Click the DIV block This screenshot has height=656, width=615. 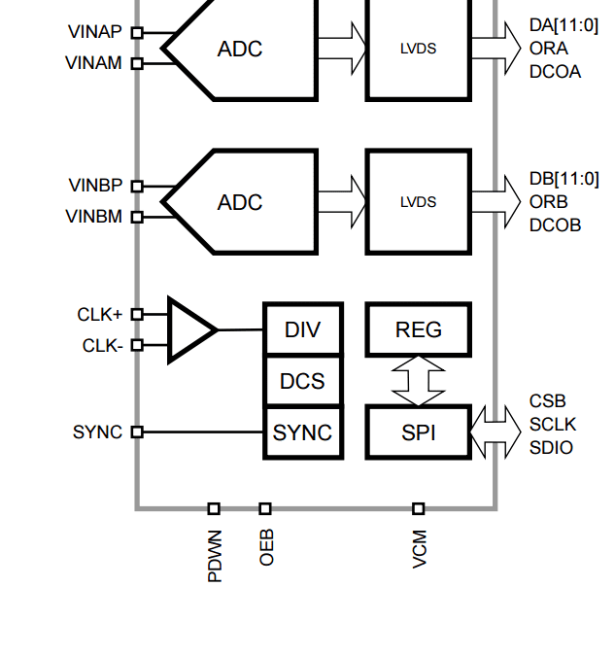303,329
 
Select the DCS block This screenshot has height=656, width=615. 303,381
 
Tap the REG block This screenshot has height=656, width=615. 419,329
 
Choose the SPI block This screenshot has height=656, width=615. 419,432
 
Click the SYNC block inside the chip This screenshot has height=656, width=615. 303,432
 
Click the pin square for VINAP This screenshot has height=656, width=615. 137,33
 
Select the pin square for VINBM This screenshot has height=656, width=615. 137,217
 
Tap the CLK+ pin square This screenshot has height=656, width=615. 137,314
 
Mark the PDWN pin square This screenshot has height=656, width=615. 214,508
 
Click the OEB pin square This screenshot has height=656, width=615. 265,508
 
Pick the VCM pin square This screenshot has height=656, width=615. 419,508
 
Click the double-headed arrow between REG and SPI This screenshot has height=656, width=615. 419,381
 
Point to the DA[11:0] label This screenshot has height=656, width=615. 564,25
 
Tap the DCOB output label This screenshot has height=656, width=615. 555,225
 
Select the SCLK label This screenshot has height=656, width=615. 553,425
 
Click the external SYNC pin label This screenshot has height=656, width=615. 97,432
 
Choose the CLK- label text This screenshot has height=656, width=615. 103,346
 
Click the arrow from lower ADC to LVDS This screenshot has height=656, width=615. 342,201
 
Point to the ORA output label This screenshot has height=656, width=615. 549,49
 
